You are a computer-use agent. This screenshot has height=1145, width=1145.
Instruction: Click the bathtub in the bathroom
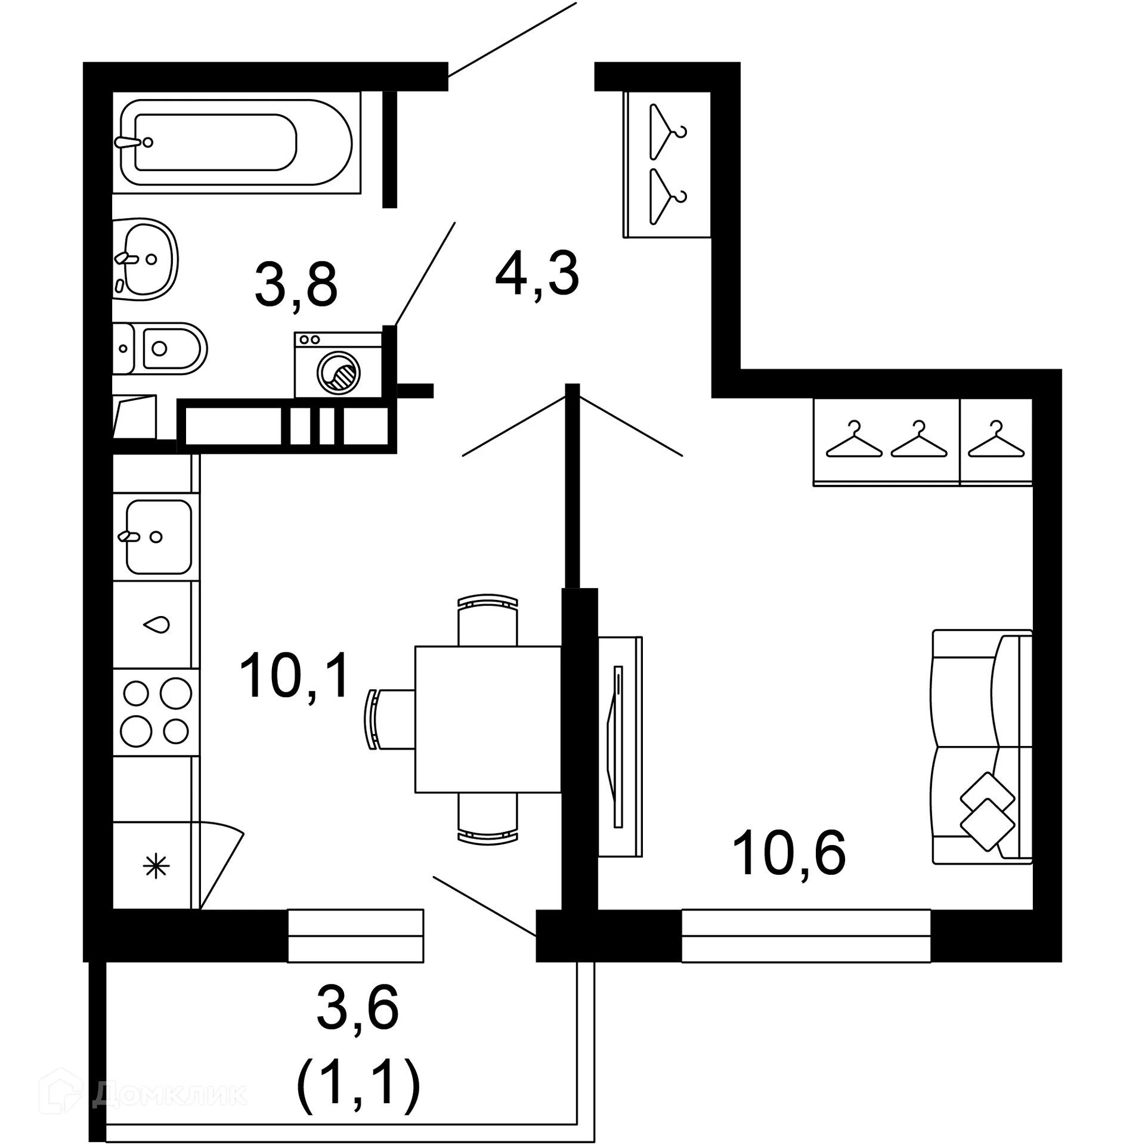236,143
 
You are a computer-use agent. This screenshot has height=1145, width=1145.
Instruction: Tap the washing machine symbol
338,365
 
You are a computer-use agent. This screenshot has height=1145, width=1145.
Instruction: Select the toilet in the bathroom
160,348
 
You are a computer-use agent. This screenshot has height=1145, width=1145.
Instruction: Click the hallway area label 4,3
537,274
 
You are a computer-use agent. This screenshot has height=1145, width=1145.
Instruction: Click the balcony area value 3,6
357,1008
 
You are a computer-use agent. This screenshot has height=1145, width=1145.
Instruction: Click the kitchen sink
157,537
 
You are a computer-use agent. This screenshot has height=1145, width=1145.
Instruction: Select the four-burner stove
156,713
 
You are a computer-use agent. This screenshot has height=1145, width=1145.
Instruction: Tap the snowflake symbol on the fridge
156,867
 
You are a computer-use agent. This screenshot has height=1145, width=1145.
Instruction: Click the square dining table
488,719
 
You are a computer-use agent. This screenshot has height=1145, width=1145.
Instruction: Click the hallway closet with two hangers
667,164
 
